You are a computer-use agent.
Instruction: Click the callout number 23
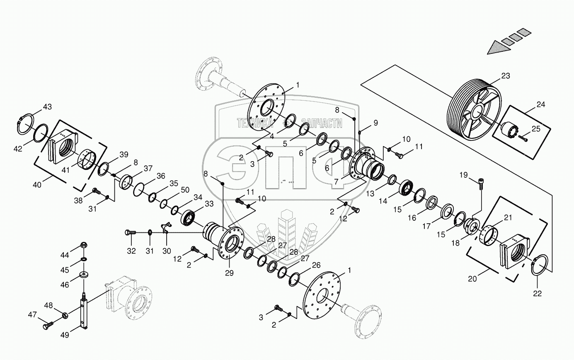[x=505, y=76]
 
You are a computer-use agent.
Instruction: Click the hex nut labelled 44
[x=84, y=245]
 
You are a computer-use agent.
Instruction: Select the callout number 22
[x=537, y=294]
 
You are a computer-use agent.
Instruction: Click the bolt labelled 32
[x=130, y=233]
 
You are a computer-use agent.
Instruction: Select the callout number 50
[x=185, y=189]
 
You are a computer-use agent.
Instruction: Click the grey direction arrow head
[x=496, y=48]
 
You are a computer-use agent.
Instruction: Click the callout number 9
[x=375, y=123]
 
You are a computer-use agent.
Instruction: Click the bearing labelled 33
[x=190, y=217]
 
